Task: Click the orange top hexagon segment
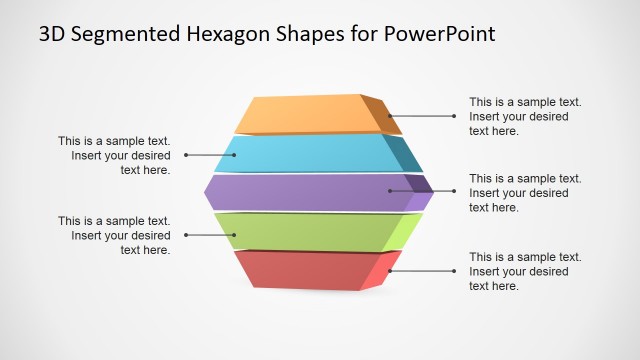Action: (x=305, y=114)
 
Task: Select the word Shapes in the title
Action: (x=310, y=34)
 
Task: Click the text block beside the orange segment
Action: (x=525, y=116)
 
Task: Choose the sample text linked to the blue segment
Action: (x=114, y=155)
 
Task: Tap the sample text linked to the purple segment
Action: (x=525, y=192)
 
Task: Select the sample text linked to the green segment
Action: (x=114, y=235)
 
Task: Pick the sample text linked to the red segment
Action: (x=525, y=271)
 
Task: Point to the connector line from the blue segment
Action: (x=210, y=155)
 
